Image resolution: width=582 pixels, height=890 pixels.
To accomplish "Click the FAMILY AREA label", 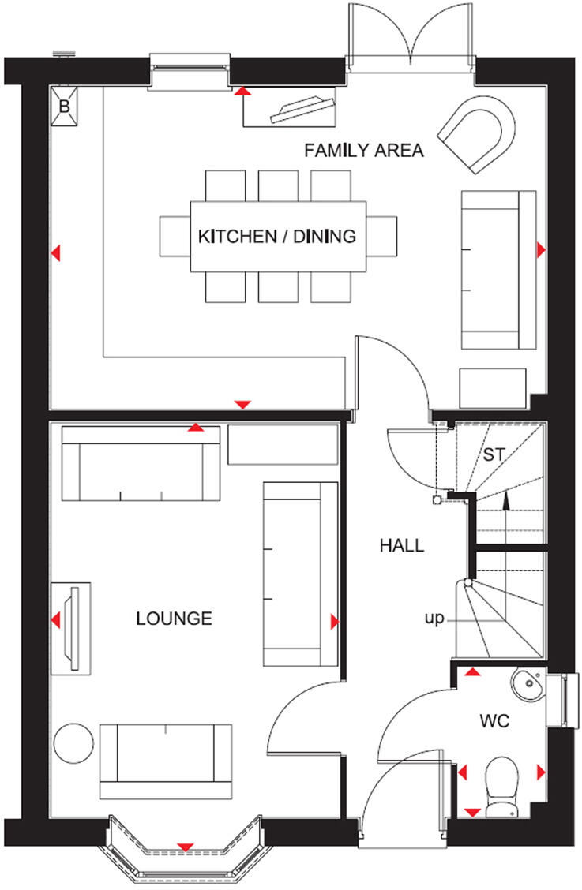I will (x=364, y=150).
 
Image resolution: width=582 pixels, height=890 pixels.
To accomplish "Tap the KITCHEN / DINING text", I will (x=276, y=236).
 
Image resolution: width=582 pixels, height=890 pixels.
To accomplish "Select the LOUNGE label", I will (x=174, y=618).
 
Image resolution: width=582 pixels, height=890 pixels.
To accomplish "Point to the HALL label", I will (x=401, y=545).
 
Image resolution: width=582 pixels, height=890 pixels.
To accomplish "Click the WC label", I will (x=495, y=720).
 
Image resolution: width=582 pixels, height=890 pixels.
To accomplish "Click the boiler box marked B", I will (x=66, y=107).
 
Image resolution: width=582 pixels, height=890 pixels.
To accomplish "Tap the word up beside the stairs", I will (x=434, y=618).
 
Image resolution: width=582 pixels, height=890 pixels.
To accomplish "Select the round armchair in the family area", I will (x=479, y=132).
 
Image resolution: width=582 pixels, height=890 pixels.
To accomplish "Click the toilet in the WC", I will (x=501, y=783).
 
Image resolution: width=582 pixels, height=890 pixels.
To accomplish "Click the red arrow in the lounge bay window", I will (x=186, y=847).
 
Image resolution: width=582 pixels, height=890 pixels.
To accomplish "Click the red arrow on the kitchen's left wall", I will (x=55, y=253).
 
